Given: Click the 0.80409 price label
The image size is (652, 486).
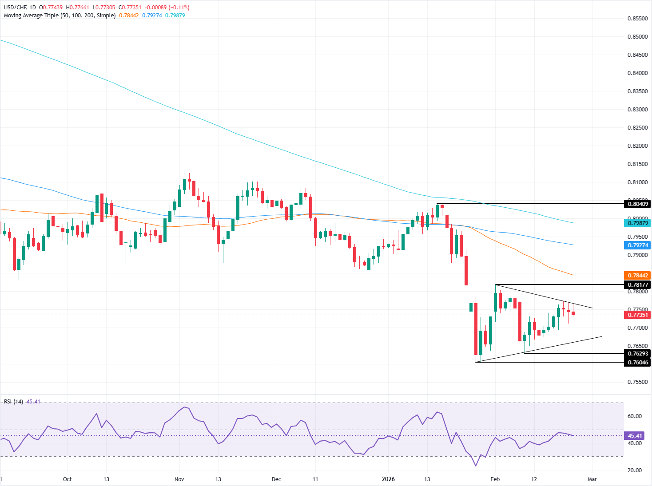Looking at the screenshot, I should tap(637, 204).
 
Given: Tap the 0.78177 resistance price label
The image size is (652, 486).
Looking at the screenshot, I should tap(637, 284).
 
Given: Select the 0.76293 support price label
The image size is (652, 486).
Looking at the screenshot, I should tap(637, 354).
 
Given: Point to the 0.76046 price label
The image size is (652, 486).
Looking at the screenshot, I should tap(637, 363).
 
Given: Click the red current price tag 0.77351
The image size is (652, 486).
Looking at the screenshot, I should tap(637, 315).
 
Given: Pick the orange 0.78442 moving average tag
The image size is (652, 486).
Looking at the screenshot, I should tap(637, 276).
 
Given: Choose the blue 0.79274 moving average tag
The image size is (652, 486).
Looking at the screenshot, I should tap(637, 245).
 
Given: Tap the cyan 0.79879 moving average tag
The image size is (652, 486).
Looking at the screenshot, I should tap(637, 223).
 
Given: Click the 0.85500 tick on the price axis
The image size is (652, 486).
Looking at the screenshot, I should tap(637, 19).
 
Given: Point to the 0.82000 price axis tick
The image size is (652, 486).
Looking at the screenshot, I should tap(637, 146).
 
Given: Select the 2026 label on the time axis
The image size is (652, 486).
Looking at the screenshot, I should tap(388, 479).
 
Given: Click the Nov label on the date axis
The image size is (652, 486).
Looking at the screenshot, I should tap(179, 479).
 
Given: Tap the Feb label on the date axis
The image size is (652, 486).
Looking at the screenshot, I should tap(495, 479).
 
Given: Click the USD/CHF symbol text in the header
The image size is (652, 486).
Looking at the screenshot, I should tap(15, 8).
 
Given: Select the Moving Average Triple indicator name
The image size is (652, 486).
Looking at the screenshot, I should tap(31, 16).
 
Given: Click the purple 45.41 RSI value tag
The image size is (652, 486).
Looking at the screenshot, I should tap(637, 436).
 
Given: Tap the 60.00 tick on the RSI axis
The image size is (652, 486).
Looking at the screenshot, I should tap(634, 416).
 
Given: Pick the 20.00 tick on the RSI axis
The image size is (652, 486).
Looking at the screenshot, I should tap(634, 470).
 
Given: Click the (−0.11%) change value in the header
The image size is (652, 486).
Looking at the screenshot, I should tap(178, 8).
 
